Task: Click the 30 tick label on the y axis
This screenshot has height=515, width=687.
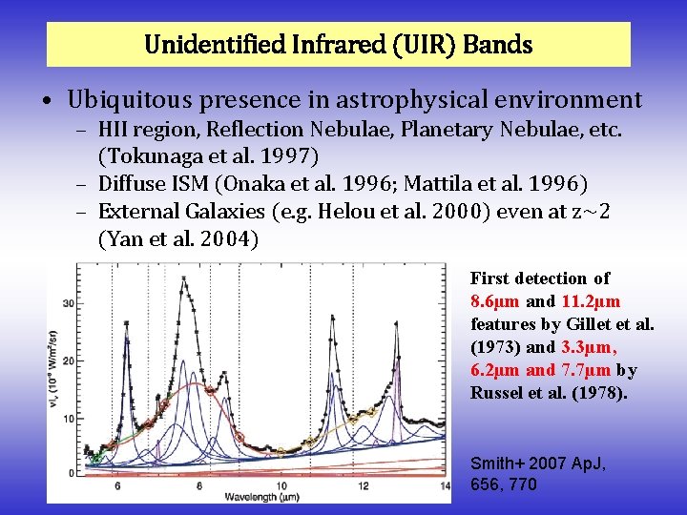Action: click(68, 303)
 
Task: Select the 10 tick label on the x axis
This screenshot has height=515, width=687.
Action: click(281, 486)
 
